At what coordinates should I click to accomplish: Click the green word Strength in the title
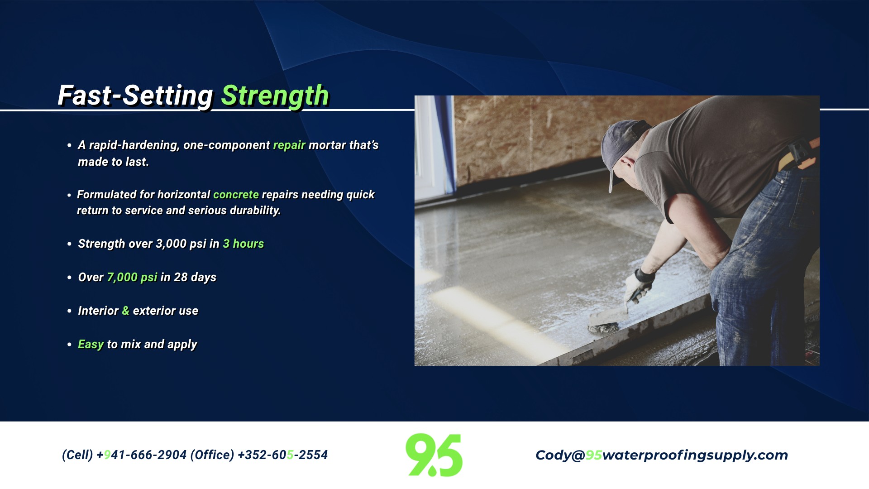point(275,96)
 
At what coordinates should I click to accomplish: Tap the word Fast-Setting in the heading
point(135,96)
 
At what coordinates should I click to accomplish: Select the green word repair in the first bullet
point(289,145)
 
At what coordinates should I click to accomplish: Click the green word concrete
point(236,194)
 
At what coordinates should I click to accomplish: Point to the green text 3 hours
point(243,244)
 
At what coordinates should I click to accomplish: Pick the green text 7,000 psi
point(132,277)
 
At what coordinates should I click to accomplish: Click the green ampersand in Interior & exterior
point(125,311)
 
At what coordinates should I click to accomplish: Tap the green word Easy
point(91,345)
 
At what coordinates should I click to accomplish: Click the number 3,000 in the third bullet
point(171,244)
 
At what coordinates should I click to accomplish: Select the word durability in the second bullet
point(255,211)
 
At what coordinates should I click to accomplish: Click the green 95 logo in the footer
point(434,455)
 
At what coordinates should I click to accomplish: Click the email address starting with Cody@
point(662,455)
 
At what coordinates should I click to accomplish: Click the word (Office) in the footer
point(212,455)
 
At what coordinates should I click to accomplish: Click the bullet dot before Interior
point(69,311)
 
